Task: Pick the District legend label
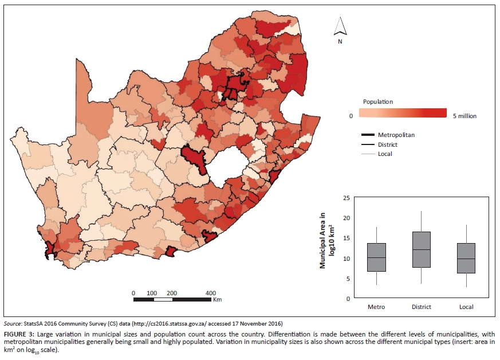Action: point(388,144)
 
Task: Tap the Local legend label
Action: point(385,154)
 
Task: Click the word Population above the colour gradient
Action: point(378,101)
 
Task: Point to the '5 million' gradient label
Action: point(464,116)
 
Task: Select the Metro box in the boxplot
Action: point(376,257)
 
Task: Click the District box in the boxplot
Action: point(422,249)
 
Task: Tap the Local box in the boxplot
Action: point(466,258)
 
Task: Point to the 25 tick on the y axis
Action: point(345,198)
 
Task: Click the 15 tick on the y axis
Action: point(345,238)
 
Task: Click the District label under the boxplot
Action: point(422,307)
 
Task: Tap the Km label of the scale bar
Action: point(217,299)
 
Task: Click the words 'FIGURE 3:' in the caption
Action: point(19,333)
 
